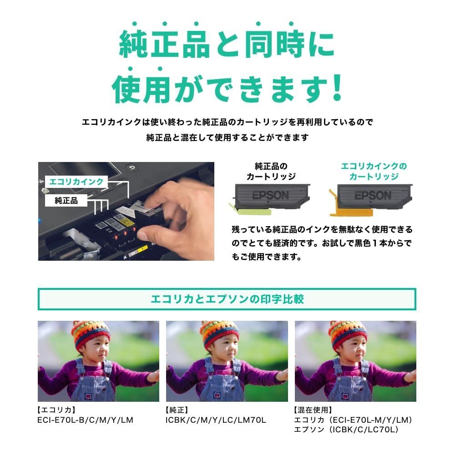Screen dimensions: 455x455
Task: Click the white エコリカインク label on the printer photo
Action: pyautogui.click(x=76, y=182)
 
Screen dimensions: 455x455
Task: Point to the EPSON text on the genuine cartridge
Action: pyautogui.click(x=270, y=195)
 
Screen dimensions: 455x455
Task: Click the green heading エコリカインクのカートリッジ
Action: pyautogui.click(x=374, y=171)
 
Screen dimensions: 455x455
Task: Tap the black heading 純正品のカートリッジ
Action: pyautogui.click(x=271, y=171)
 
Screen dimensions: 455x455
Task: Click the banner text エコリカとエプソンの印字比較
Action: pyautogui.click(x=227, y=299)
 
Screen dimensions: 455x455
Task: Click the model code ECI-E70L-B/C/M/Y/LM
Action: pyautogui.click(x=85, y=420)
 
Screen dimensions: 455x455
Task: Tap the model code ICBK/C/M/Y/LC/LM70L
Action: pyautogui.click(x=216, y=420)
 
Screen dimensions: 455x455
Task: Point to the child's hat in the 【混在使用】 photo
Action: pyautogui.click(x=348, y=332)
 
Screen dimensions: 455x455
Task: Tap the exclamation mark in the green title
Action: pyautogui.click(x=337, y=88)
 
